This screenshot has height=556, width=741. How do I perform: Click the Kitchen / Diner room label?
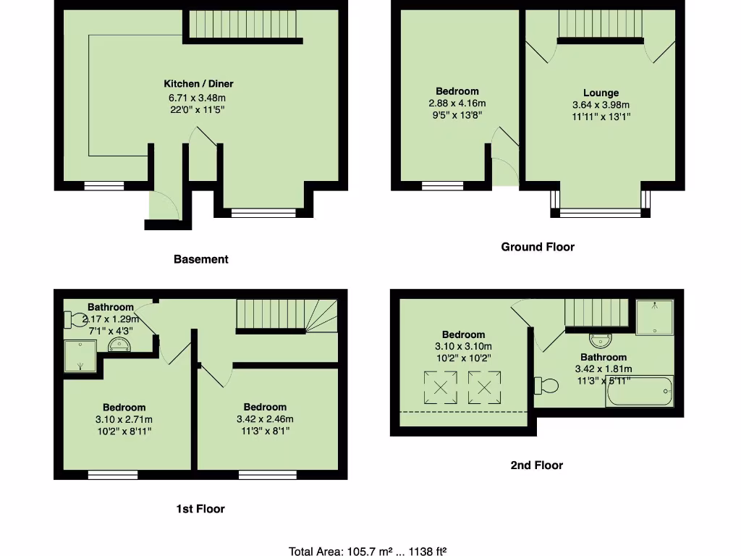click(198, 84)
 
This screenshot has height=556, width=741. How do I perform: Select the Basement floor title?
click(200, 259)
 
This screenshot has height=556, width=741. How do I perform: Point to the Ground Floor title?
click(538, 247)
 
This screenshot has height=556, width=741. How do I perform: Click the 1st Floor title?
click(200, 509)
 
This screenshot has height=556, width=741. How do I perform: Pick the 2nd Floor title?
click(536, 466)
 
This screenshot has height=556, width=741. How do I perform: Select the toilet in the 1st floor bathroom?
click(75, 319)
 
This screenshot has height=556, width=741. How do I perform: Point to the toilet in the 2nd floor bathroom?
click(546, 385)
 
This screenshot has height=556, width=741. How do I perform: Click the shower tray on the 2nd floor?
click(654, 318)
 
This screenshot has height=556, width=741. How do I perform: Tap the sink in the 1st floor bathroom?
click(120, 343)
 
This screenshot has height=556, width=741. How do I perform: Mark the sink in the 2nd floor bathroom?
click(601, 339)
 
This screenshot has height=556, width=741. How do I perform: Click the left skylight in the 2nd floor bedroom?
click(440, 387)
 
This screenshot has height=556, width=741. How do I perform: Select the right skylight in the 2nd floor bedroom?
click(485, 387)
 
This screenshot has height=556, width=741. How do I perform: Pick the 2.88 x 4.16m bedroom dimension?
click(457, 103)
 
